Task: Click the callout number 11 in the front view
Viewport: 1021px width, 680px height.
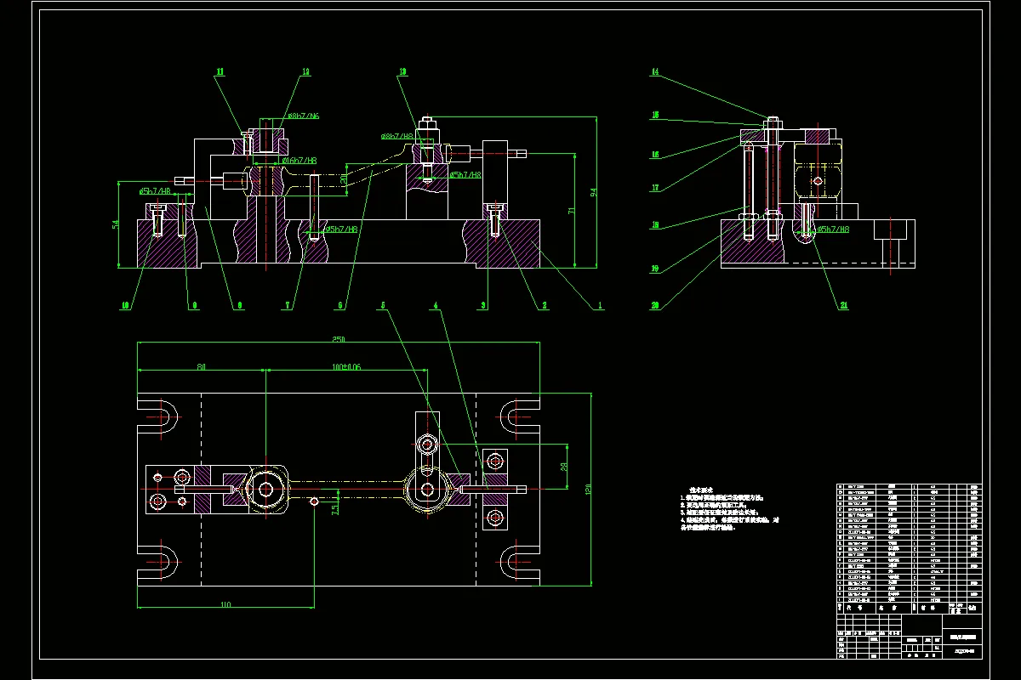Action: coord(220,73)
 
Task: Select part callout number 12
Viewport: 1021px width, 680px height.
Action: coord(305,73)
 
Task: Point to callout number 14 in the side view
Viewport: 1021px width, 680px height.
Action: coord(655,72)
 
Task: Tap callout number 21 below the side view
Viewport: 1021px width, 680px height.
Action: coord(844,306)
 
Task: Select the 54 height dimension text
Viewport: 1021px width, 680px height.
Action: coord(115,224)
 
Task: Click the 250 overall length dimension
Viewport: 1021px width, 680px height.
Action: coord(338,339)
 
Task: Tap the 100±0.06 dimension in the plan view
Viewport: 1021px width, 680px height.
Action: coord(346,367)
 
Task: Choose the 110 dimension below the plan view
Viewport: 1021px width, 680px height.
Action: coord(225,603)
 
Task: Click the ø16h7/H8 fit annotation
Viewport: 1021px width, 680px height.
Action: coord(300,161)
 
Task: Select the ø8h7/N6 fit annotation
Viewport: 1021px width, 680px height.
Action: coord(302,116)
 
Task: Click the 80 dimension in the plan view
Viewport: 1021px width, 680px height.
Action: coord(202,367)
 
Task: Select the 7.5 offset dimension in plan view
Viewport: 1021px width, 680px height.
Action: coord(334,510)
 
